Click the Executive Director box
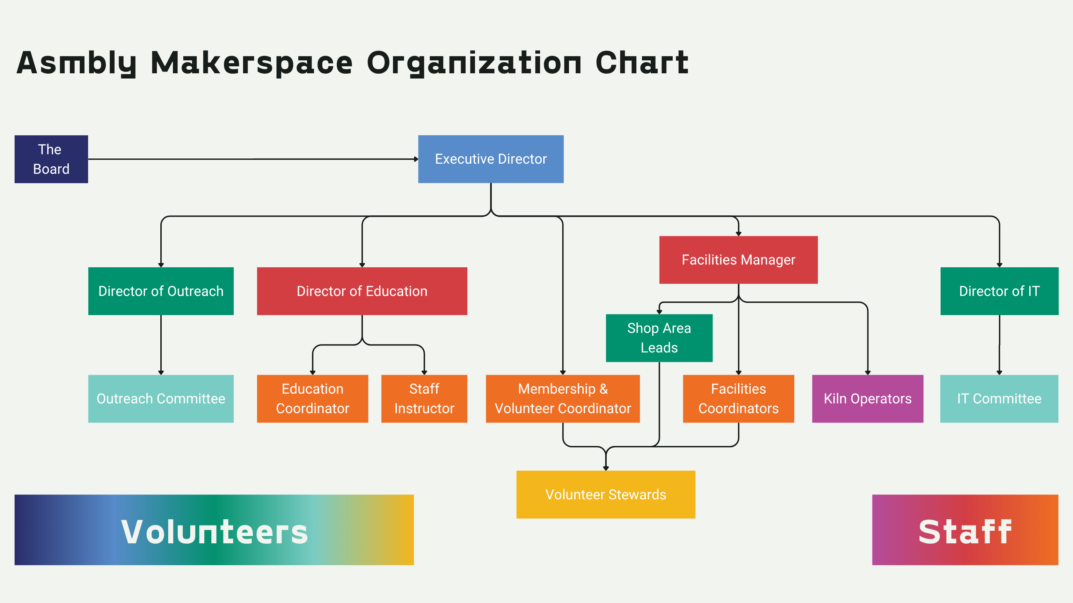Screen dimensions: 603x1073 pos(491,159)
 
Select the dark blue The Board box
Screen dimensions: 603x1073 pos(51,159)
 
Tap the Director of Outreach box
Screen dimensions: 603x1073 pos(161,291)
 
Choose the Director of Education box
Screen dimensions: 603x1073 pos(362,291)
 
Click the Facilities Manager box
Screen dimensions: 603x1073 pos(738,260)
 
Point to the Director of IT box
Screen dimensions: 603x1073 pos(999,291)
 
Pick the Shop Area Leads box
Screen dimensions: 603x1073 pos(659,338)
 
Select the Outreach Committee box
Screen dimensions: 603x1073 pos(161,399)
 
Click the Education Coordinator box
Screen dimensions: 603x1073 pos(312,399)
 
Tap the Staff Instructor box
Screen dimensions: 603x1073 pos(424,399)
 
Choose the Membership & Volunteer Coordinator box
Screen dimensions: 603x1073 pos(562,399)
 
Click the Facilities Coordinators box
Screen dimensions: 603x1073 pos(738,399)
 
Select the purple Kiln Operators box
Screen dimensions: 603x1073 pos(867,399)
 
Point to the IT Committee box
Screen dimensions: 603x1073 pos(999,399)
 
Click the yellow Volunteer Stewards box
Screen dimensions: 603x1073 pos(606,494)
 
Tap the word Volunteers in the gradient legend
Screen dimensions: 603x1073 pos(214,531)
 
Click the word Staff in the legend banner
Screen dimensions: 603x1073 pos(965,531)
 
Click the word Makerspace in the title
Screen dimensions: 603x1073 pos(251,63)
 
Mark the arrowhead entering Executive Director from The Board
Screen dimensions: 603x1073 pos(416,159)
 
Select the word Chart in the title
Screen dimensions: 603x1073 pos(642,63)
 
